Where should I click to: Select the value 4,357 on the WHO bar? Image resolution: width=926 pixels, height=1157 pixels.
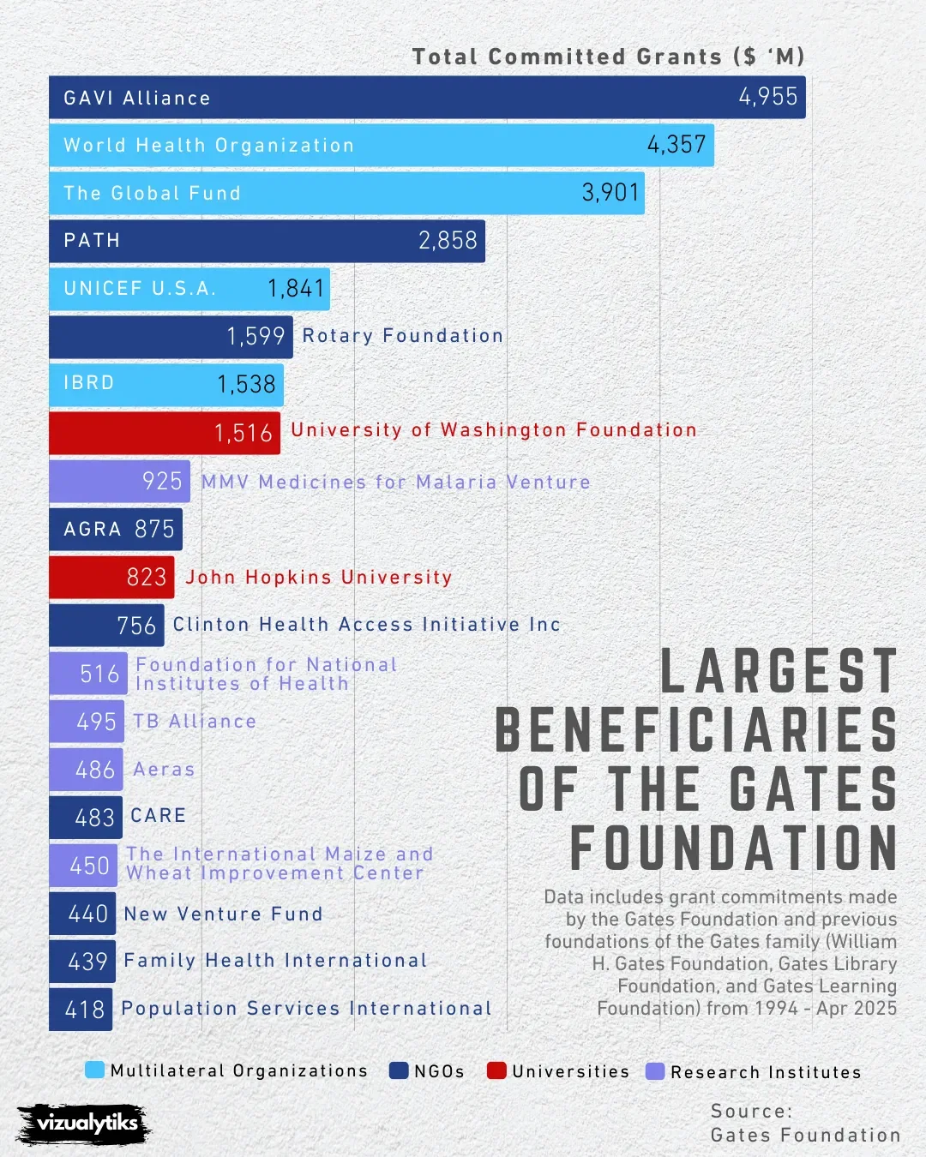click(x=676, y=145)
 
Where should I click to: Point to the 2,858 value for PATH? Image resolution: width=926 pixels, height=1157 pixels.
click(x=448, y=241)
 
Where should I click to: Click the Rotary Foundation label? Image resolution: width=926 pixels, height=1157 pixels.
click(x=403, y=336)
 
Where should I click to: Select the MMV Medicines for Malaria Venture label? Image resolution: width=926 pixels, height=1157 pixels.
click(x=396, y=483)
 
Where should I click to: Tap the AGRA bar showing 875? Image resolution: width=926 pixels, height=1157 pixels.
click(x=116, y=529)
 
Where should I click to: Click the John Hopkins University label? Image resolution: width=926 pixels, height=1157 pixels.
click(x=319, y=578)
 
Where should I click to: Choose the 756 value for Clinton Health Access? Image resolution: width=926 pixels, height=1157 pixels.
click(x=137, y=626)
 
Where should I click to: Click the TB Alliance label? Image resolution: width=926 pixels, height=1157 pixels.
click(x=195, y=722)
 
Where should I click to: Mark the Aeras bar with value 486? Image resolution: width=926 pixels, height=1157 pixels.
click(x=86, y=770)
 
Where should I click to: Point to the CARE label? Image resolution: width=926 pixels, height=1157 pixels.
click(x=159, y=816)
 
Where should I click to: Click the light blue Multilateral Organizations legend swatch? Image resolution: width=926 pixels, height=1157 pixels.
click(x=95, y=1070)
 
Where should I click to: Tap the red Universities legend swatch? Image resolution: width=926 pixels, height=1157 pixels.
click(x=496, y=1070)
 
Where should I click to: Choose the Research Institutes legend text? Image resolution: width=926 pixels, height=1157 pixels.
click(x=766, y=1072)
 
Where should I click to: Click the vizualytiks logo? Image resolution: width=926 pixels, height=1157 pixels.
click(x=85, y=1123)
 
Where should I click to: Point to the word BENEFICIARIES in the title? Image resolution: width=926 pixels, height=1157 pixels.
click(x=696, y=731)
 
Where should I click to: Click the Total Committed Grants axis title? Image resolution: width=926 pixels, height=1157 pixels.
click(x=608, y=57)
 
